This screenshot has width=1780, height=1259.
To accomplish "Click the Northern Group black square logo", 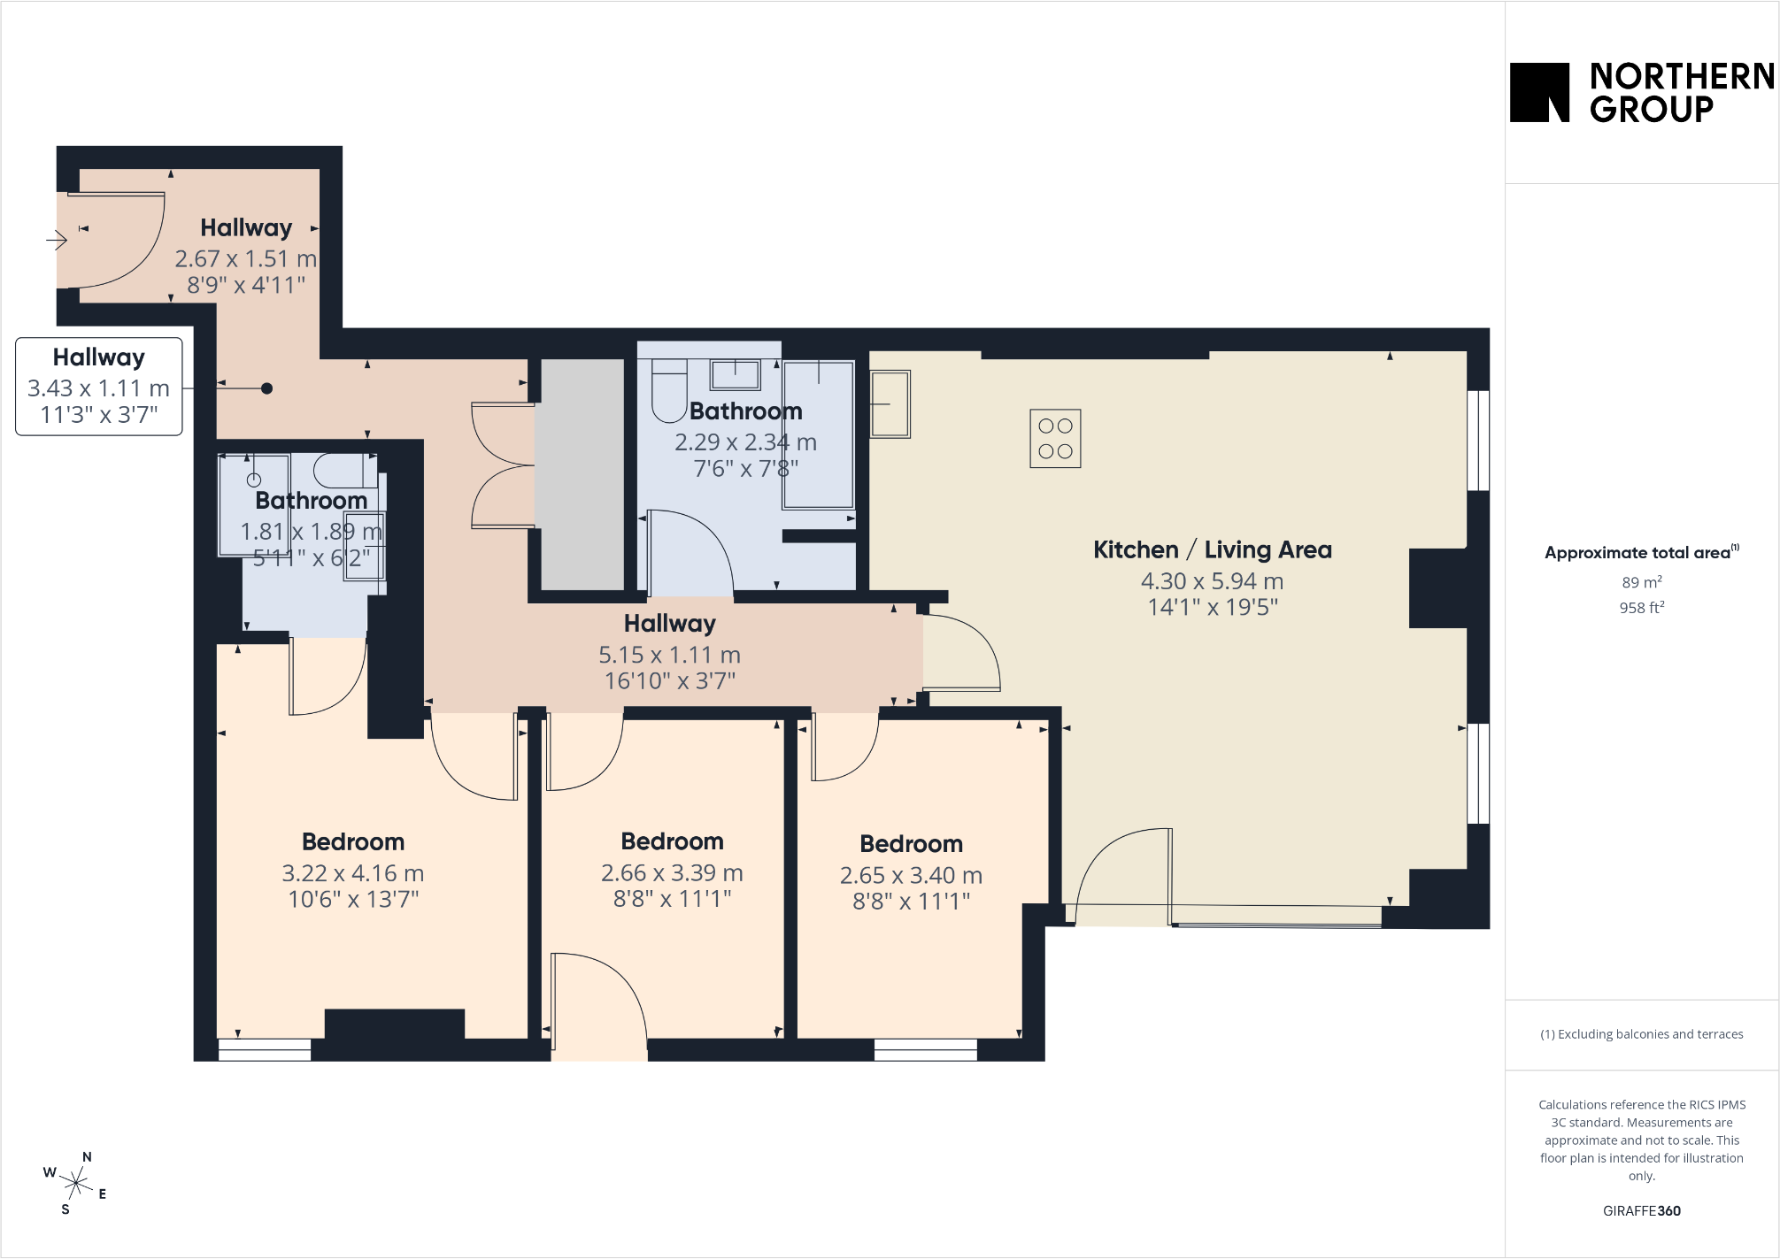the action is click(1539, 92).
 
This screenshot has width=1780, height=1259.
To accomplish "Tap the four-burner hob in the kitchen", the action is click(1055, 438).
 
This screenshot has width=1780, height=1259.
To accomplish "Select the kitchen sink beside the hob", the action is click(890, 404).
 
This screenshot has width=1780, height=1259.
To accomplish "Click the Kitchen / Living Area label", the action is click(1213, 549).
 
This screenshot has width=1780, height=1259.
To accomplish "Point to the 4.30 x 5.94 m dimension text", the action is click(1212, 581).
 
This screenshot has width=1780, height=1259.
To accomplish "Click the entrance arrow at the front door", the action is click(57, 240).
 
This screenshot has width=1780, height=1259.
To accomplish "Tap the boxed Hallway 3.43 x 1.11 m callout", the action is click(99, 387).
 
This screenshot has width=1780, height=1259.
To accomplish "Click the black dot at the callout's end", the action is click(266, 388).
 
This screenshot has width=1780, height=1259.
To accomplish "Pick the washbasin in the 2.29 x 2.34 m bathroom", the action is click(736, 375).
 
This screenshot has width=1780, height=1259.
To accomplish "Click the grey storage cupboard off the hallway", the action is click(582, 474).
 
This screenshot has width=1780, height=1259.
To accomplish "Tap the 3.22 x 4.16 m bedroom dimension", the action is click(353, 873).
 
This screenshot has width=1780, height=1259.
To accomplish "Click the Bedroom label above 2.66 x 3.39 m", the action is click(673, 841).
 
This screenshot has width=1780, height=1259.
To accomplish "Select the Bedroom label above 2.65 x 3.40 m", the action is click(912, 843).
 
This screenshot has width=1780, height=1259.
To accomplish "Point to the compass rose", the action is click(76, 1183).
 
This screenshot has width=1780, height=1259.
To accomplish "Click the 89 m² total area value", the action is click(1642, 582).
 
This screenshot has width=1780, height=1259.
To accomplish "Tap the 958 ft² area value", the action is click(1642, 608).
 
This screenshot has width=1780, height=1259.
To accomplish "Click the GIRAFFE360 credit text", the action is click(1642, 1211).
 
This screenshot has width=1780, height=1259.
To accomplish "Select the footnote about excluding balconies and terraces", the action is click(1642, 1034).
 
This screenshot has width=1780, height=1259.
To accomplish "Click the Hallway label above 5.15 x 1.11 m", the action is click(670, 623).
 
